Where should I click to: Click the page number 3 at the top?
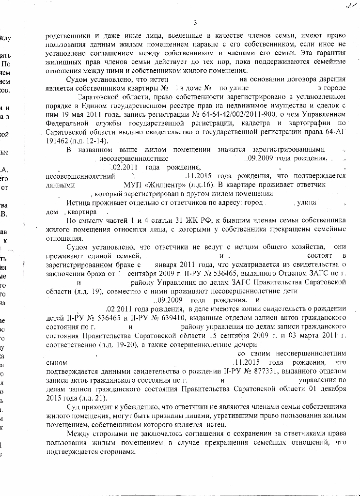click(195, 22)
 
